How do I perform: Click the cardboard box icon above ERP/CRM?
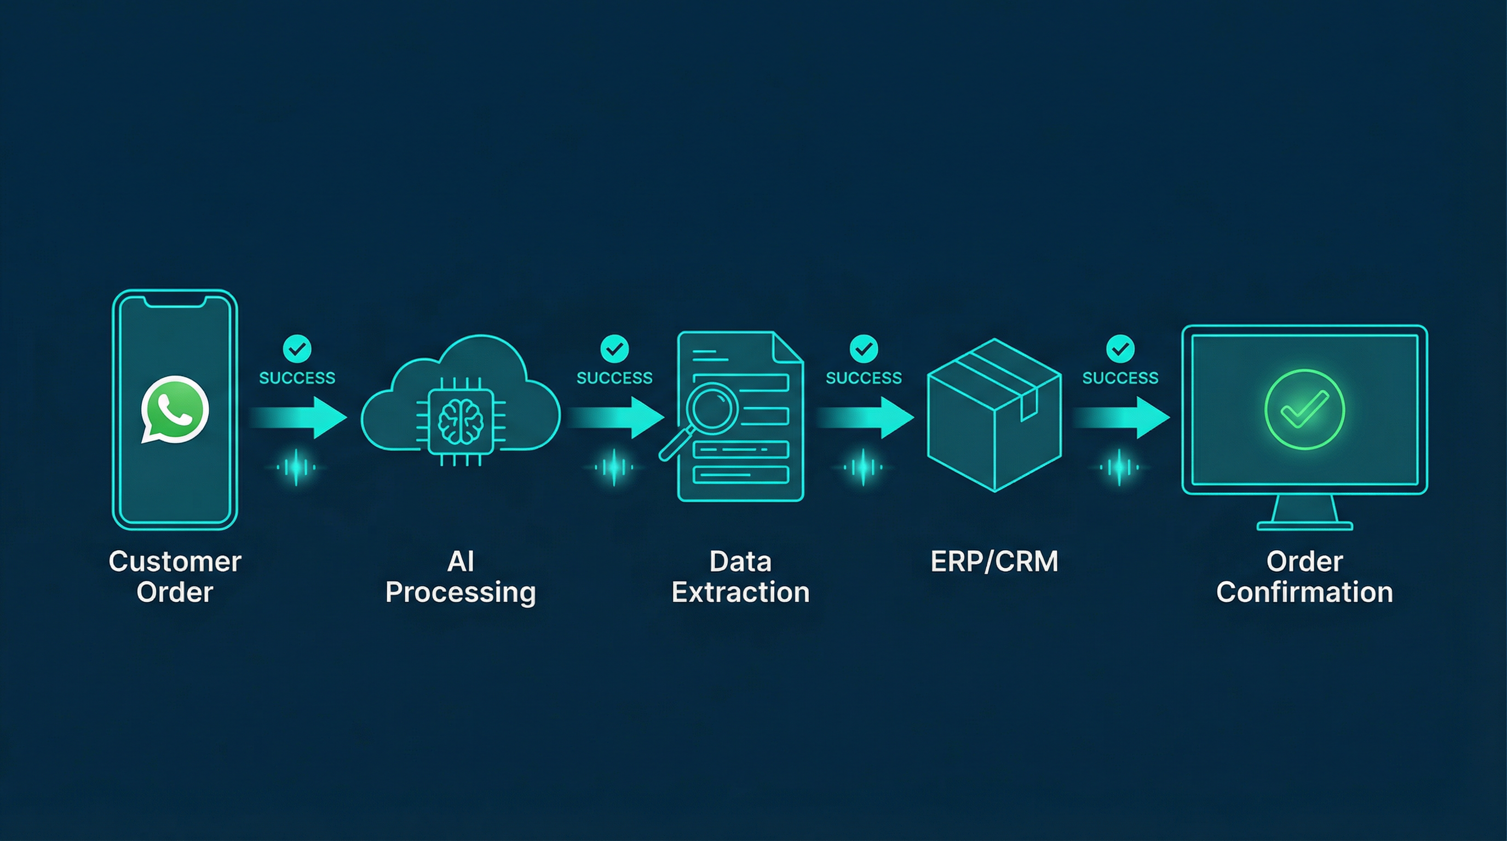tap(994, 415)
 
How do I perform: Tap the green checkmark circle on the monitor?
tap(1304, 410)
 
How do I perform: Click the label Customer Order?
tap(174, 577)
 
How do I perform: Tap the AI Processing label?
tap(461, 577)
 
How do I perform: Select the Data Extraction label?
tap(740, 577)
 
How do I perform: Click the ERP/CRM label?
tap(994, 561)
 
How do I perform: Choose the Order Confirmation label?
tap(1304, 577)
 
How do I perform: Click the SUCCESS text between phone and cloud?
tap(297, 378)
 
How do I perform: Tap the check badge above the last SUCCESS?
tap(1120, 349)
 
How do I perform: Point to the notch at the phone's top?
tap(174, 302)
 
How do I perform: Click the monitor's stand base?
tap(1304, 526)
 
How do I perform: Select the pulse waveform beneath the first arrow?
tap(297, 467)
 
